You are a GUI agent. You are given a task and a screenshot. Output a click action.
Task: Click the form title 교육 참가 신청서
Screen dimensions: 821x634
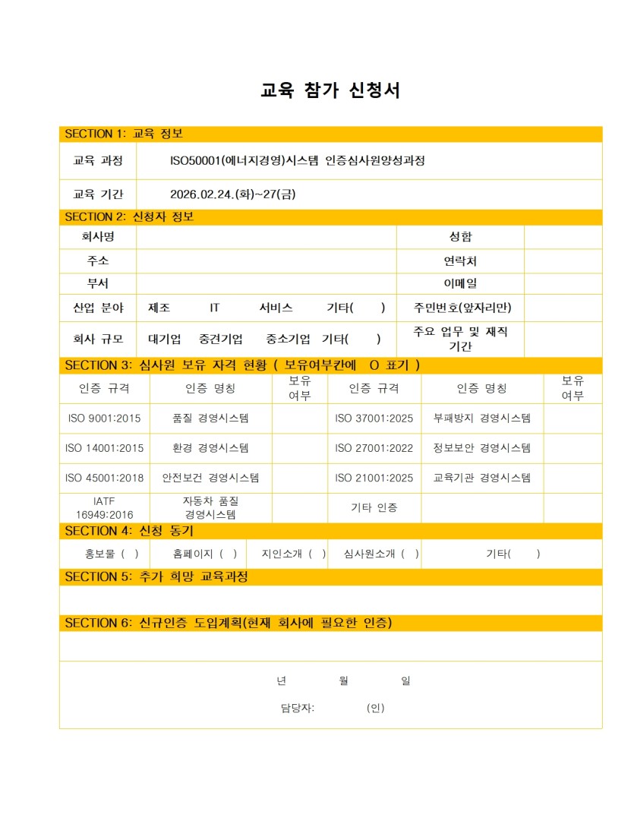[x=330, y=90]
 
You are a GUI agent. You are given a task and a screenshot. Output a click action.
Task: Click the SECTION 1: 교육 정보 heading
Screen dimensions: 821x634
[x=124, y=134]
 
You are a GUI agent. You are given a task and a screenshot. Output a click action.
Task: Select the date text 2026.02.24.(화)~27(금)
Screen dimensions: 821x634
[x=233, y=194]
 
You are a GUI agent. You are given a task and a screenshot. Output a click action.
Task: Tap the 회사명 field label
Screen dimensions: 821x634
[x=98, y=237]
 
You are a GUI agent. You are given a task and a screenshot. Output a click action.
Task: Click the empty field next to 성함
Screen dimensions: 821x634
[x=563, y=237]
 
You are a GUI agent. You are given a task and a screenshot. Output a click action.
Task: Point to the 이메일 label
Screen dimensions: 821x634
[x=460, y=284]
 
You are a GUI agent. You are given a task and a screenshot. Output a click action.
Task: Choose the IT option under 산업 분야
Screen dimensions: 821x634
[x=215, y=308]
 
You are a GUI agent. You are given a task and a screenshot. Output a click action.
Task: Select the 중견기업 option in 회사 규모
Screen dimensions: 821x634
[x=221, y=339]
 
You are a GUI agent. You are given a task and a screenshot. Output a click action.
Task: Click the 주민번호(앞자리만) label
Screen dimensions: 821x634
[x=462, y=308]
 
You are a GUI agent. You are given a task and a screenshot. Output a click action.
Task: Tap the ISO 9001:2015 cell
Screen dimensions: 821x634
[x=104, y=418]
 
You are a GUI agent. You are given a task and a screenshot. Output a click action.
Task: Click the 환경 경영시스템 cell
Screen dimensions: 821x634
[x=210, y=448]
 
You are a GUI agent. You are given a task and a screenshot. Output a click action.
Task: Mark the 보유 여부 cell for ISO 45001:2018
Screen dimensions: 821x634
[x=299, y=478]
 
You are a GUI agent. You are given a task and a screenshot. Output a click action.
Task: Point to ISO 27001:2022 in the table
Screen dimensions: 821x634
[x=374, y=448]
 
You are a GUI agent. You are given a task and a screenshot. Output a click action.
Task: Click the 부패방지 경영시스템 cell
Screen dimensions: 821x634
[x=481, y=418]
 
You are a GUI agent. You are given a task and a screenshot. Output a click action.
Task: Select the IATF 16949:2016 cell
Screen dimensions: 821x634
[x=104, y=508]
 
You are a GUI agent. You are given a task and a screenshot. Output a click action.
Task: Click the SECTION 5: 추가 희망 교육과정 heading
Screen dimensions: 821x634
[x=156, y=576]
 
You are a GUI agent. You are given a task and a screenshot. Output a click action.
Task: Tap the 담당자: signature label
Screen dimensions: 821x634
[x=297, y=708]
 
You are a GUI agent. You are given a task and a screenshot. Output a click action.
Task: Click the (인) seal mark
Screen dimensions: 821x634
[x=375, y=708]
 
